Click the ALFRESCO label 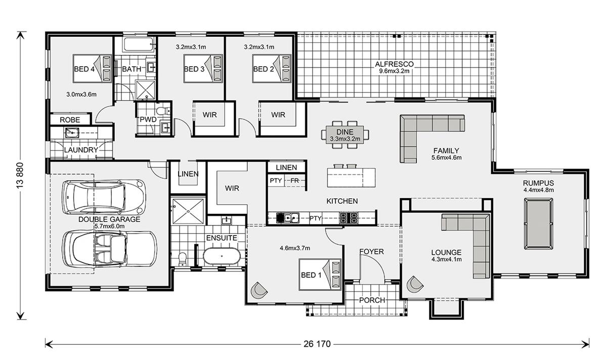[x=394, y=64]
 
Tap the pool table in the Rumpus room [x=538, y=224]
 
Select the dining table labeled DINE [x=345, y=134]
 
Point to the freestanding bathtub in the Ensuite [x=222, y=256]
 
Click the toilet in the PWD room [x=163, y=111]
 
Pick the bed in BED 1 [x=320, y=275]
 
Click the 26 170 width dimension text [x=317, y=344]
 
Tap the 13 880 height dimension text [x=20, y=175]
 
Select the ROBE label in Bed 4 [x=70, y=120]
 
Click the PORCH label [x=372, y=300]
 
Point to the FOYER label [x=371, y=252]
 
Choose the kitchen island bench [x=351, y=177]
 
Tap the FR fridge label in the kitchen [x=294, y=181]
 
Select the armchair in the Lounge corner [x=414, y=284]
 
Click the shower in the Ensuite [x=188, y=211]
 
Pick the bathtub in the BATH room [x=139, y=44]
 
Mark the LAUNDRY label [x=81, y=150]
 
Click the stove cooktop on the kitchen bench [x=349, y=218]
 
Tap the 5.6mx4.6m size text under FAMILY [x=446, y=157]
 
